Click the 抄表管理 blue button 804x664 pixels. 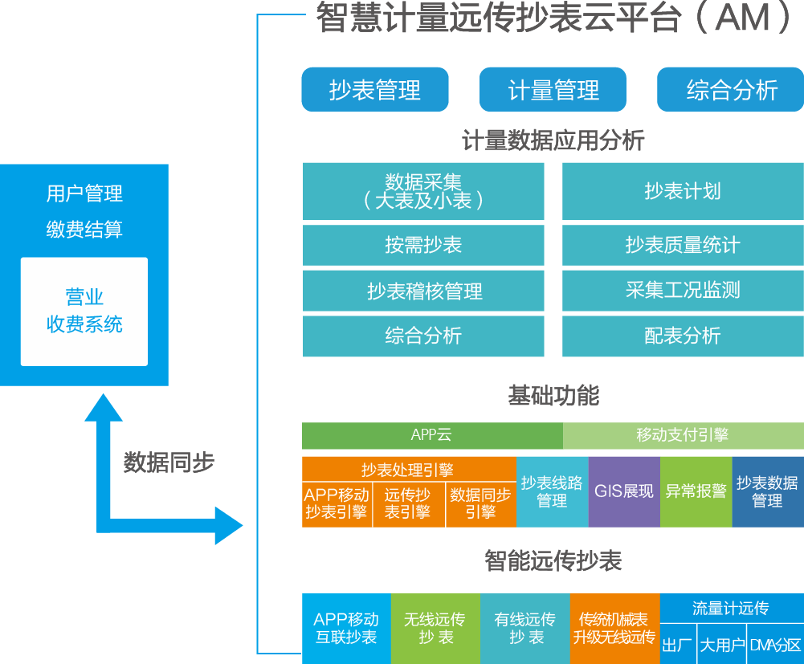[374, 89]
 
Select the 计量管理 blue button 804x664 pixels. [553, 89]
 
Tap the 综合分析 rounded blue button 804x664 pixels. [730, 89]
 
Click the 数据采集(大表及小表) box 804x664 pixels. [423, 191]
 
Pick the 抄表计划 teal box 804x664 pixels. [682, 191]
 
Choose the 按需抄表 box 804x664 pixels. [423, 245]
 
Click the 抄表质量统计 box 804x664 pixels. [682, 245]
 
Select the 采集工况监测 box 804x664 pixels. [682, 291]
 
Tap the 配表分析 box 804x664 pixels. [682, 336]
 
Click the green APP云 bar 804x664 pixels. [432, 435]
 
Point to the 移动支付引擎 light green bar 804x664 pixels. [683, 435]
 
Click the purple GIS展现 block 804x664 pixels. [624, 491]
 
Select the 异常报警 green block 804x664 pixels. [696, 491]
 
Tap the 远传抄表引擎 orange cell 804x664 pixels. [408, 503]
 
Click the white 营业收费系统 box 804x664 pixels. [84, 312]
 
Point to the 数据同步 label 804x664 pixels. [169, 462]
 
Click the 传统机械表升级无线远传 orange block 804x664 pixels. [614, 629]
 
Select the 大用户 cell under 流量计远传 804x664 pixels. [721, 645]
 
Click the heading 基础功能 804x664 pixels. [553, 395]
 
